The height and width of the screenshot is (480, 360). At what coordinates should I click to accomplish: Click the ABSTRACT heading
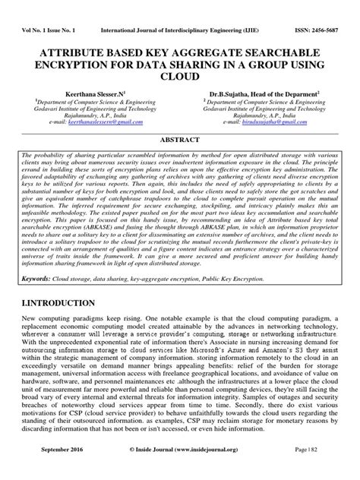179,140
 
